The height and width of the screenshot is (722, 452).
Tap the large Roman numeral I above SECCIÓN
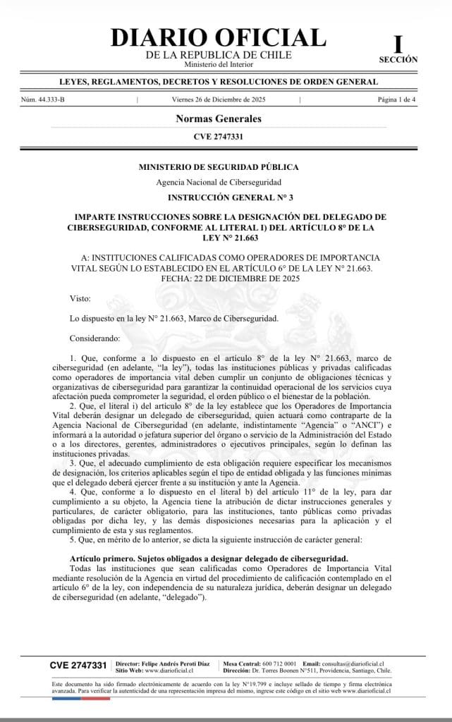tap(398, 44)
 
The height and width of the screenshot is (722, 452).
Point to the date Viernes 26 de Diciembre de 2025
tap(219, 100)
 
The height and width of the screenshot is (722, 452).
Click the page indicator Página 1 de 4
tap(397, 100)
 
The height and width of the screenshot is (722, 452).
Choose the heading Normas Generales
tap(218, 118)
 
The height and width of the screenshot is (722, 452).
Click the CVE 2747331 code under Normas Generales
tap(218, 136)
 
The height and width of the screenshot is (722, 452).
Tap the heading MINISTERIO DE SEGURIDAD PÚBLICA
tap(218, 166)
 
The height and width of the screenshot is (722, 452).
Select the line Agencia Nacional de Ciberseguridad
tap(218, 183)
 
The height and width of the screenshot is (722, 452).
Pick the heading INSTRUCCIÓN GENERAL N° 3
tap(218, 198)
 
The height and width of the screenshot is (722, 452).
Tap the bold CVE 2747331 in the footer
tap(78, 665)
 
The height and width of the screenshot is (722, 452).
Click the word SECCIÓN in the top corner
tap(398, 60)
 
